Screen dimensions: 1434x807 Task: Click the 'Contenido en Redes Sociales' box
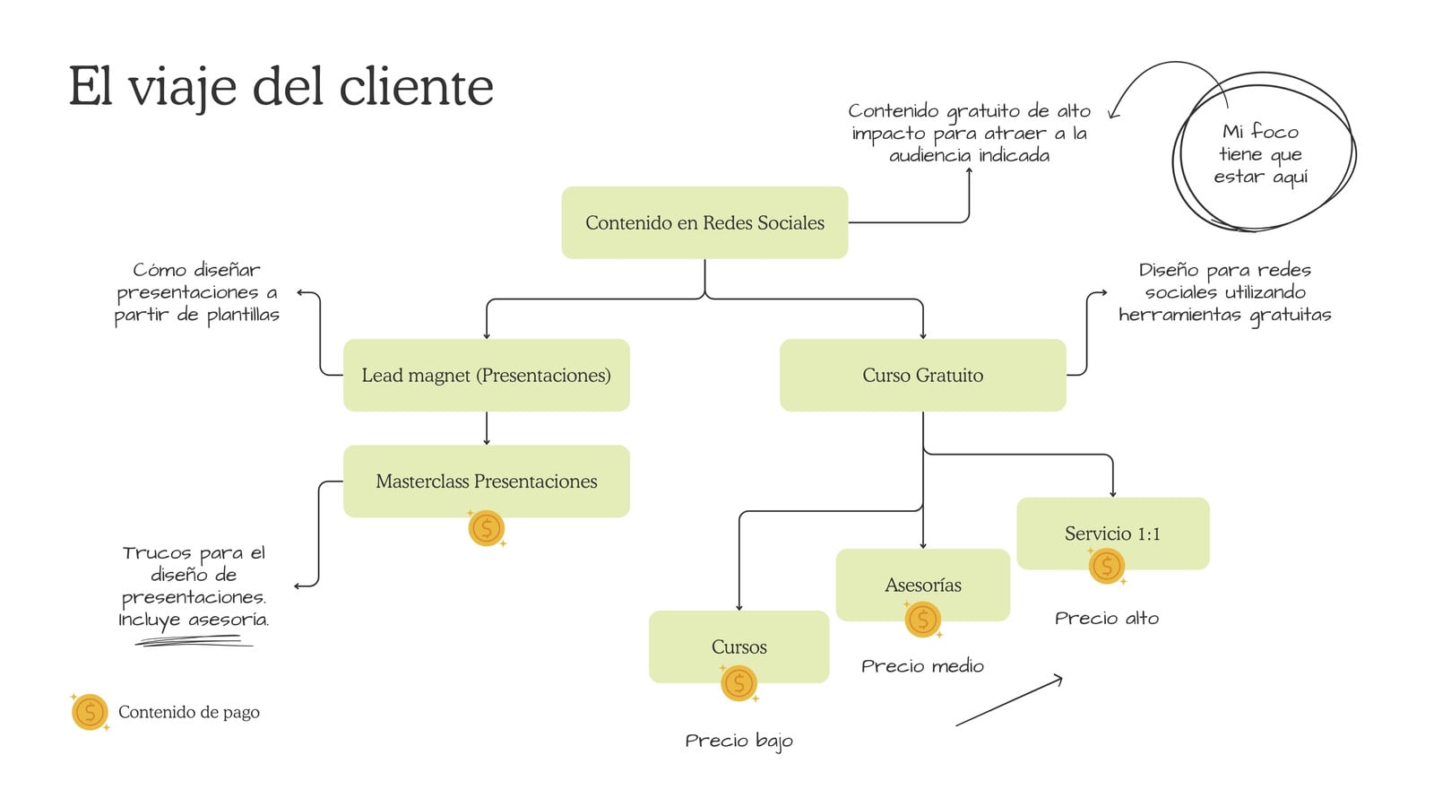click(x=704, y=222)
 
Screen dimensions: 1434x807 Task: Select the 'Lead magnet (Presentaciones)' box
click(x=487, y=375)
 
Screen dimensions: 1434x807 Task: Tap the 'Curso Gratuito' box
click(x=922, y=375)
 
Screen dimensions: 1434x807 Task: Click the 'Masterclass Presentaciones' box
click(x=487, y=481)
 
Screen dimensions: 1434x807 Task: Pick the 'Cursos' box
click(x=739, y=646)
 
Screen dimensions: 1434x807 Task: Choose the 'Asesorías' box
click(x=922, y=585)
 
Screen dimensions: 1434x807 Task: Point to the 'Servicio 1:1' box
click(x=1112, y=533)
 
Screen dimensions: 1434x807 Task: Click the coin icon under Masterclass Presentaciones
click(x=487, y=528)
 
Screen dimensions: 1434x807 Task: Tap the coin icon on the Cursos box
click(x=739, y=682)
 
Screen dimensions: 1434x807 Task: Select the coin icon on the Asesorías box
click(x=922, y=620)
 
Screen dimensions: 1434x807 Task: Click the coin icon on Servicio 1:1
click(x=1107, y=566)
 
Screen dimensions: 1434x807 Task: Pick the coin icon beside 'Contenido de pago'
click(x=90, y=712)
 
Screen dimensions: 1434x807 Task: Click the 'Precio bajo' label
click(x=739, y=741)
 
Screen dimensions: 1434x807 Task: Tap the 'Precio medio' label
click(x=922, y=666)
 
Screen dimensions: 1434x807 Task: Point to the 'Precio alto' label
click(x=1107, y=618)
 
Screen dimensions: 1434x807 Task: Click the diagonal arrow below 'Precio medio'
click(x=1009, y=700)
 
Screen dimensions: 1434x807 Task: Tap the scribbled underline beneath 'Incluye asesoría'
click(x=194, y=640)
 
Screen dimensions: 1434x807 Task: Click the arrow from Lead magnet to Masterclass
click(x=487, y=428)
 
